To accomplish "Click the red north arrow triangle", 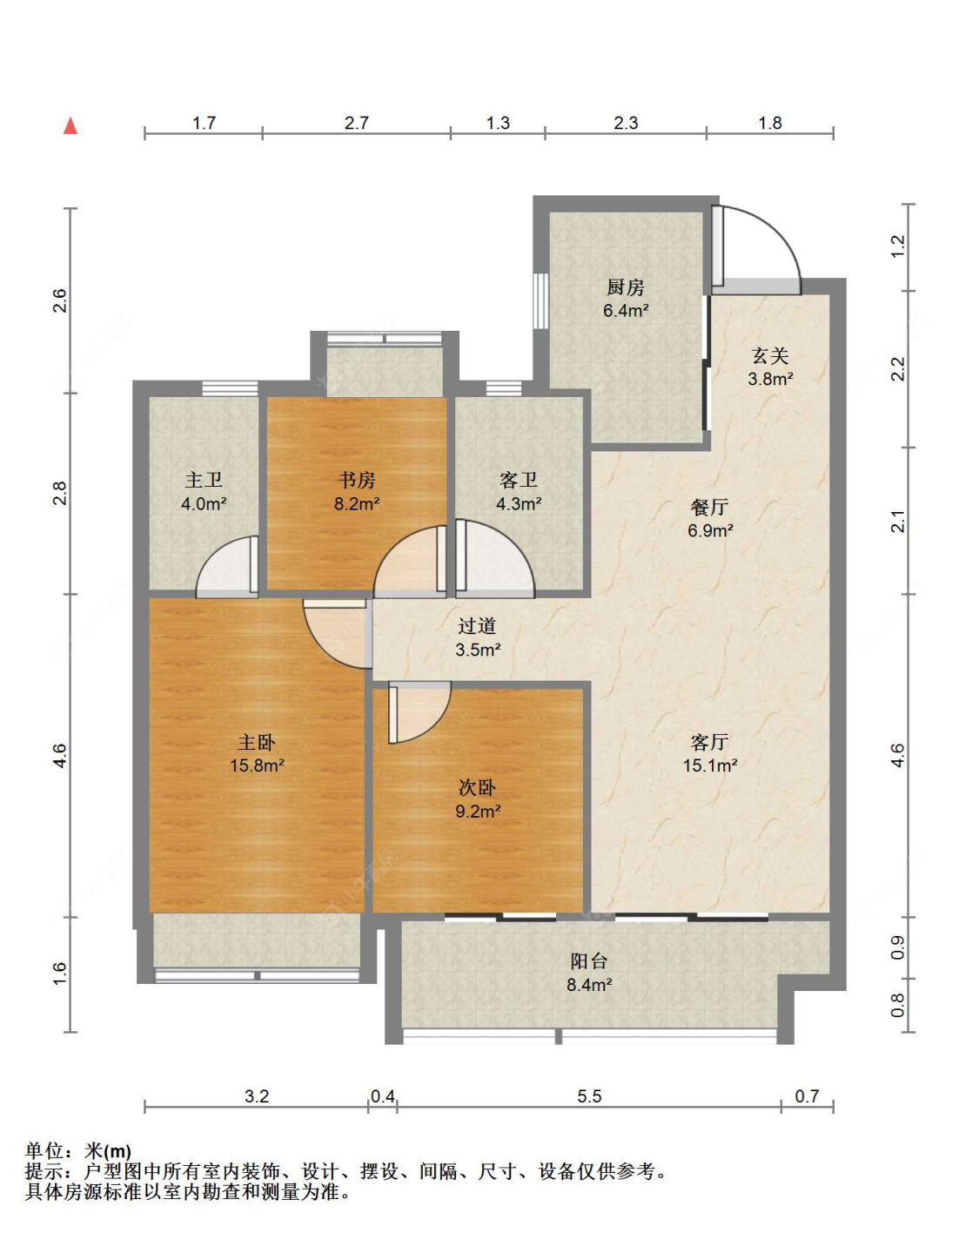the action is (70, 125).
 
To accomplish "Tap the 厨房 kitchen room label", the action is (626, 287).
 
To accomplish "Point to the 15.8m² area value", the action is (257, 765).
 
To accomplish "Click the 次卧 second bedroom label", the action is (477, 788).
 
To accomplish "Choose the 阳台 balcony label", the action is (588, 961).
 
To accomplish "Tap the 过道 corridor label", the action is (477, 626).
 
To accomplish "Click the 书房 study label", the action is (357, 480).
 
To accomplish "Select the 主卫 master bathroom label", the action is (204, 480).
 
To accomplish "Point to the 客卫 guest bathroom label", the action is (519, 480).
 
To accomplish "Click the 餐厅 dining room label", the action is (709, 507).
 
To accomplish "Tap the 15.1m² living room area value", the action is (710, 765).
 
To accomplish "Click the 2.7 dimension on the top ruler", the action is (357, 123).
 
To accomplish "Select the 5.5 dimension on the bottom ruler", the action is (589, 1096).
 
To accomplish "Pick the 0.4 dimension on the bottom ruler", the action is (382, 1096).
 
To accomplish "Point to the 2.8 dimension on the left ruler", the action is (60, 494).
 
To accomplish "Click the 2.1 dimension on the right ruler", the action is (898, 522).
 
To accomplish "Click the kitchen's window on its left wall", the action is (540, 300).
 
